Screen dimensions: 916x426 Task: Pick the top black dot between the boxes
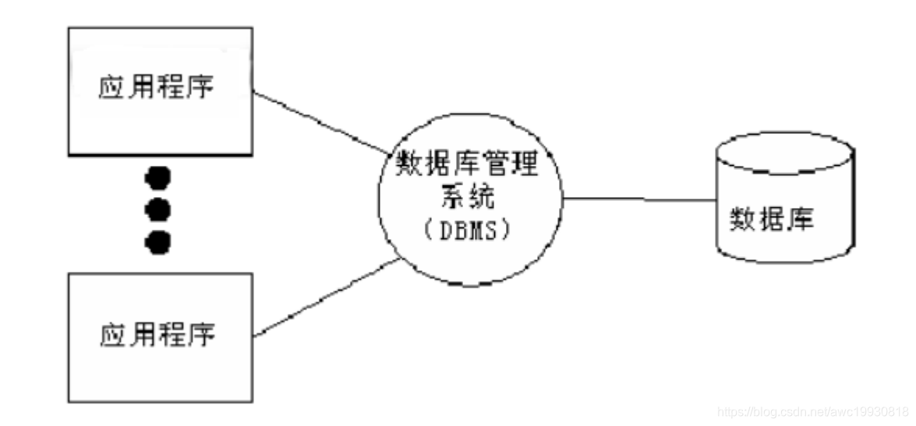pyautogui.click(x=158, y=179)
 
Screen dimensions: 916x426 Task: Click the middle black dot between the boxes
pyautogui.click(x=158, y=209)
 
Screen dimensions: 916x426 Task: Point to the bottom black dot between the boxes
pyautogui.click(x=158, y=241)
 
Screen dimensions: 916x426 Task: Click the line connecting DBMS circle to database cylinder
pyautogui.click(x=639, y=199)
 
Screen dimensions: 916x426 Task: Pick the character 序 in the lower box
pyautogui.click(x=204, y=335)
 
